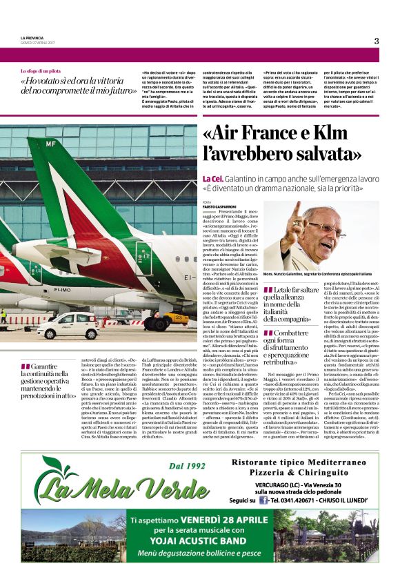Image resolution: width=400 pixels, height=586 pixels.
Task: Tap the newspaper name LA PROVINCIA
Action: [35, 37]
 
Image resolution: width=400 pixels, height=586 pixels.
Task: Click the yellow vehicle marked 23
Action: [177, 318]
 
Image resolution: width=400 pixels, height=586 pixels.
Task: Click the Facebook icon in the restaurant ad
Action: [262, 500]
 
